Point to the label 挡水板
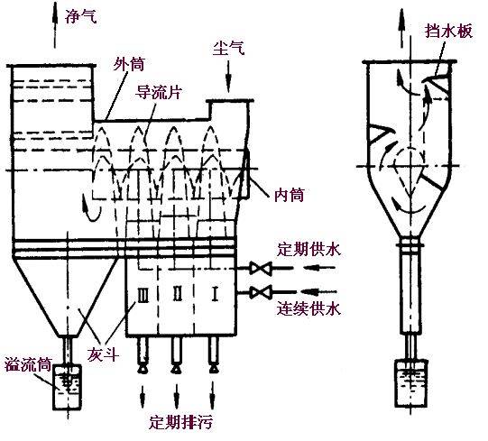[447, 30]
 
